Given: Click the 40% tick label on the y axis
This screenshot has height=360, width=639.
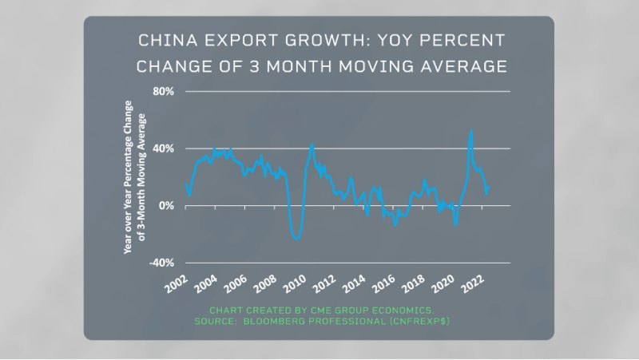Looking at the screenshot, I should [x=164, y=148].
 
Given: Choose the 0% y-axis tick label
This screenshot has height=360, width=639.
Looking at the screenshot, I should [x=167, y=206].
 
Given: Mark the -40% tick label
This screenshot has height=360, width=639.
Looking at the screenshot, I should [x=162, y=263].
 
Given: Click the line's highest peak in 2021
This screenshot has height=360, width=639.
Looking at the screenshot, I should [x=471, y=131].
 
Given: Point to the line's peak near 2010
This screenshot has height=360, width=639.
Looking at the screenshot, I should [x=312, y=144].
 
